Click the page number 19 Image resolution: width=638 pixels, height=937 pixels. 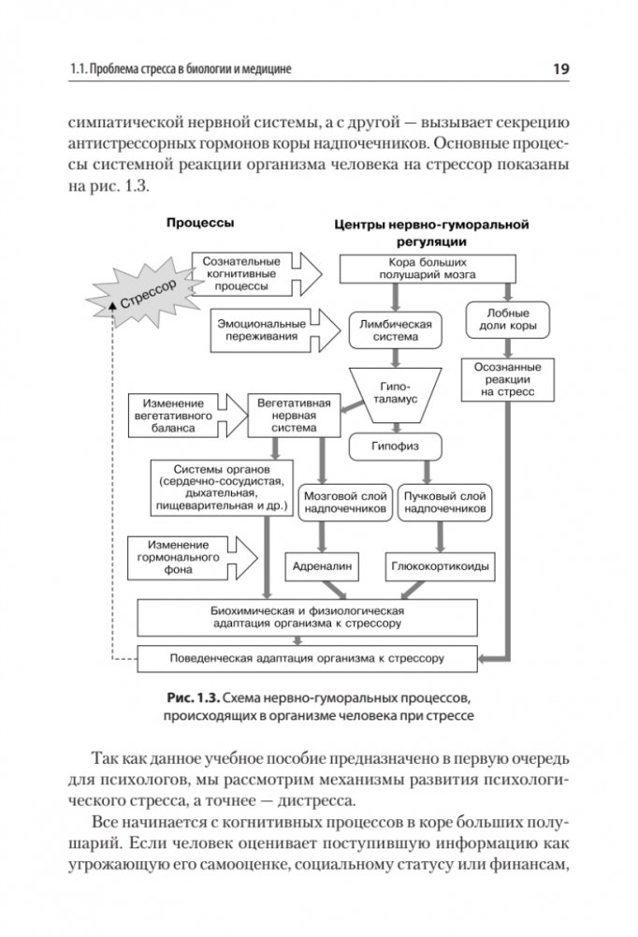tap(561, 68)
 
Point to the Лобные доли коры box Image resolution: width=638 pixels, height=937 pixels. tap(508, 320)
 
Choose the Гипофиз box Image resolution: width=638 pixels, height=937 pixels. tap(395, 447)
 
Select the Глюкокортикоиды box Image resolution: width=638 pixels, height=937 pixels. tap(438, 566)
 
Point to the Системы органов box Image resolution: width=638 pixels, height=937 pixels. tap(222, 488)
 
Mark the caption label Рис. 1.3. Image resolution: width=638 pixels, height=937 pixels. tap(195, 698)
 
